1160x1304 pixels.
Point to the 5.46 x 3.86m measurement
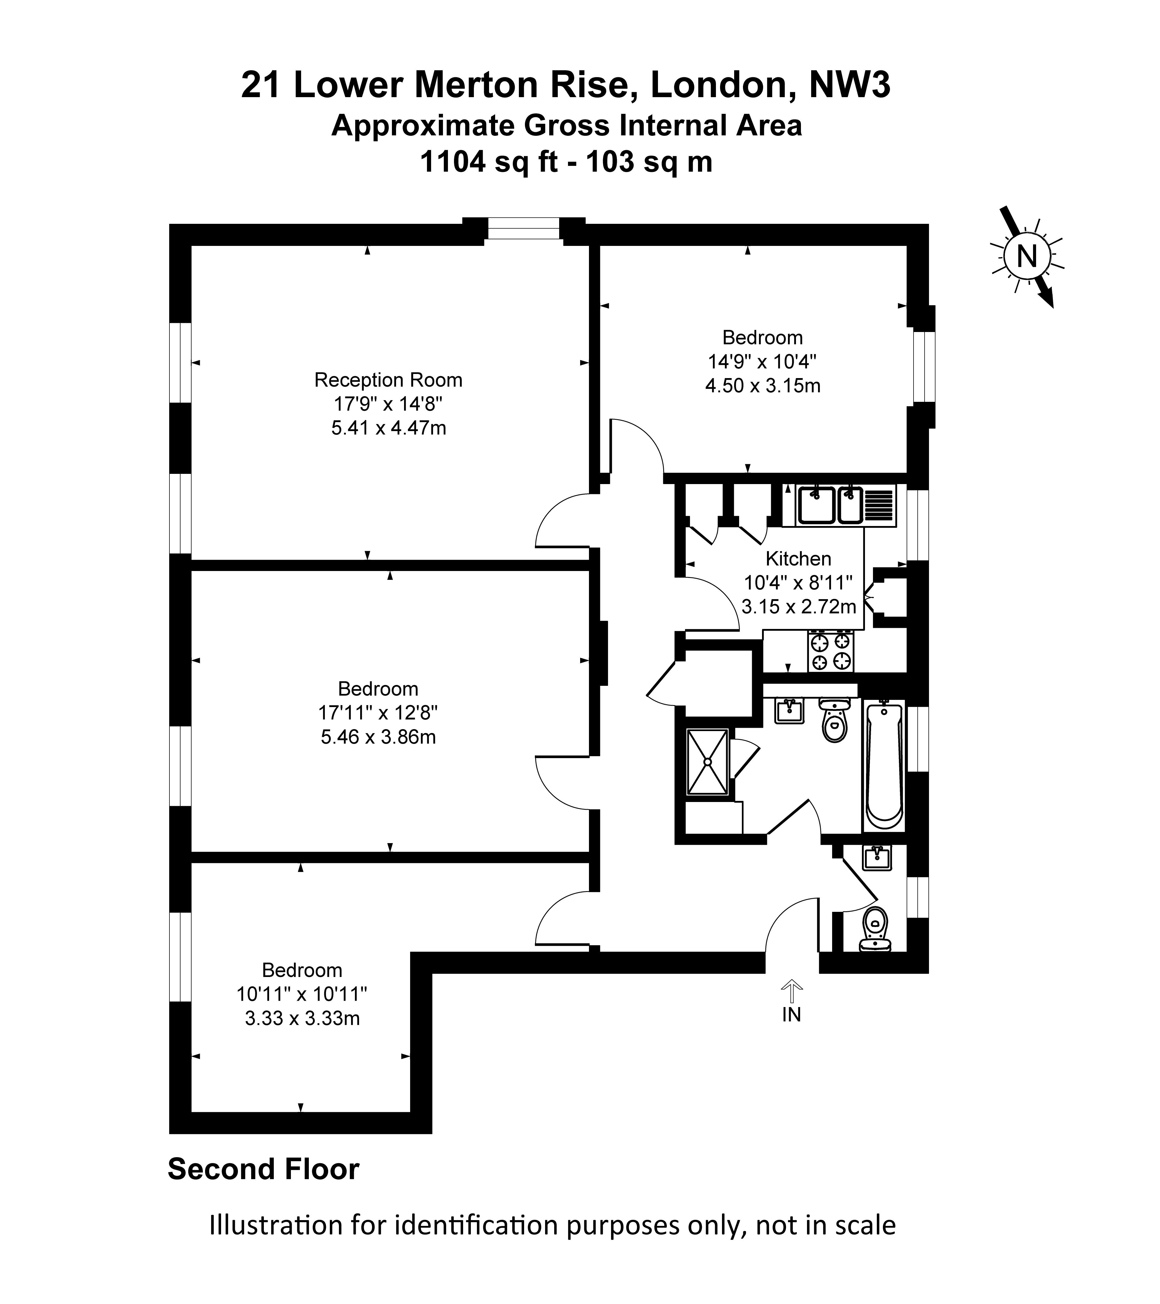click(378, 737)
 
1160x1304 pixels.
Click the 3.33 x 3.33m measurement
click(302, 1019)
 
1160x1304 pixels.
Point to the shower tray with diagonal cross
click(707, 762)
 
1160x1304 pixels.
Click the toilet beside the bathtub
click(835, 719)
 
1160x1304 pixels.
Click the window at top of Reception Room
click(523, 229)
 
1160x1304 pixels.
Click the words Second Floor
click(264, 1169)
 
